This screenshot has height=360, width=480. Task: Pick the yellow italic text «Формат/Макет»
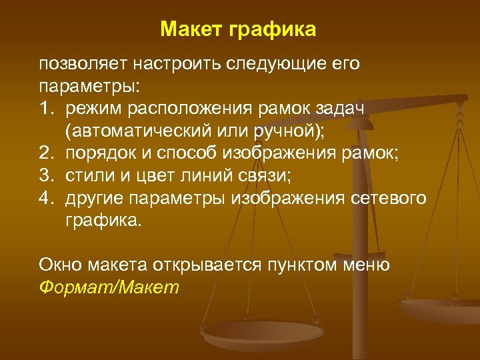109,287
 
